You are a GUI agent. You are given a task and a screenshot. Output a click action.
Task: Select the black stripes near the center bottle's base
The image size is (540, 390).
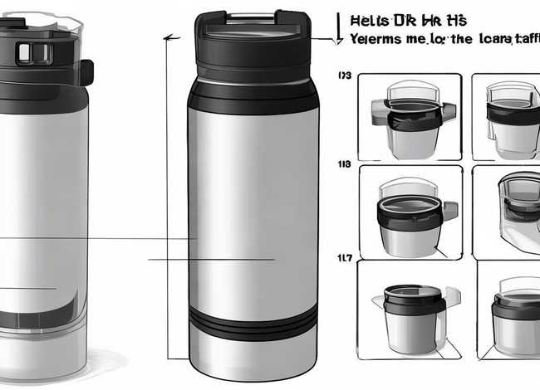coord(253,320)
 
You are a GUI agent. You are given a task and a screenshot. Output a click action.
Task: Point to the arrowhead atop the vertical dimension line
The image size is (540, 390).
coord(169,38)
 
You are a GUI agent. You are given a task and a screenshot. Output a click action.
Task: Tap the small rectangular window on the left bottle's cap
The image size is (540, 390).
coord(24,53)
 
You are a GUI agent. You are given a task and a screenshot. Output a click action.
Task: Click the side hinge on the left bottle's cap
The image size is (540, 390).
coord(86,71)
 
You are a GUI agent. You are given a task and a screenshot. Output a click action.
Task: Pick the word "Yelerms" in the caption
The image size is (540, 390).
coord(377,38)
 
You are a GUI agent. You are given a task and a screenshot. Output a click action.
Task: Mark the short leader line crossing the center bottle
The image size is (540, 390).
coord(212,260)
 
